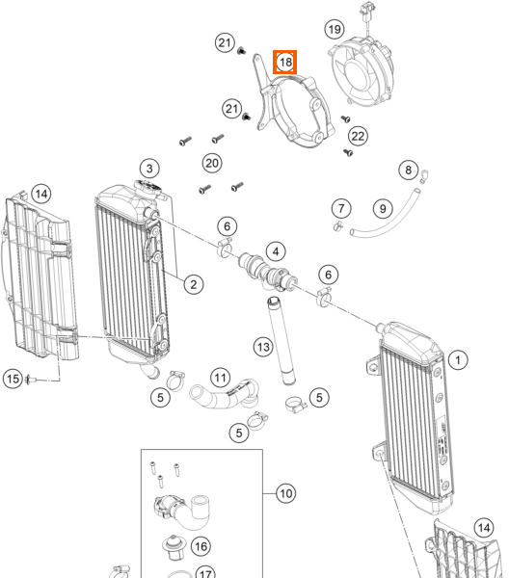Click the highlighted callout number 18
click(285, 62)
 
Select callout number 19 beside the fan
click(335, 29)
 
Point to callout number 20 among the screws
click(212, 163)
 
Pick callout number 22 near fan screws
click(358, 136)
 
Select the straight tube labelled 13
click(281, 341)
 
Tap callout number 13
click(263, 347)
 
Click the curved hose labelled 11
click(224, 395)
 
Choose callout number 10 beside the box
click(286, 493)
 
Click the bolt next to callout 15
click(30, 379)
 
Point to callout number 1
click(458, 359)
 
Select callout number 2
click(193, 284)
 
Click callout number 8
click(409, 170)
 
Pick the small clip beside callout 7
click(337, 225)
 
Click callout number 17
click(205, 573)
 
